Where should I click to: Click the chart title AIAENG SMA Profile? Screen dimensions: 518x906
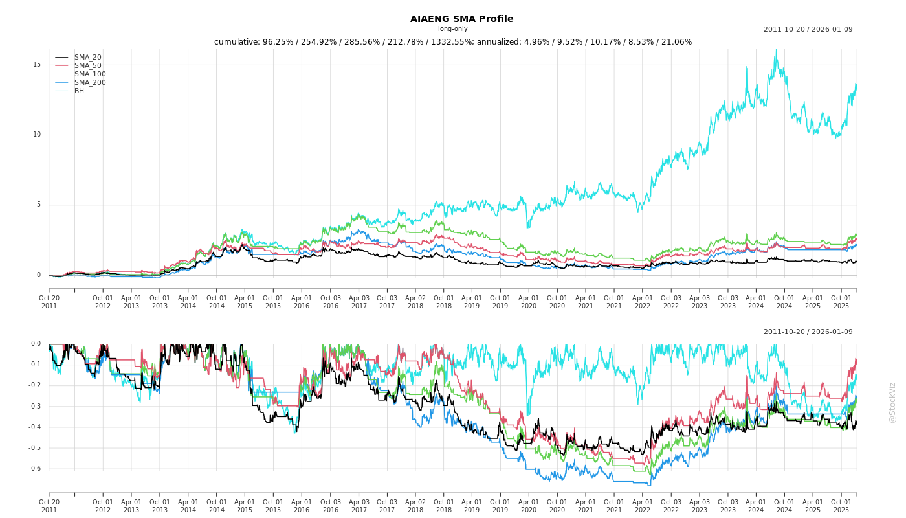tap(461, 19)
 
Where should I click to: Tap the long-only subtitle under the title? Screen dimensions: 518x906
tap(452, 28)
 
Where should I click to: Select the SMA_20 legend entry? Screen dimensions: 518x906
tap(87, 57)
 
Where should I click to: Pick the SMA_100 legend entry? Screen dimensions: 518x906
tap(89, 74)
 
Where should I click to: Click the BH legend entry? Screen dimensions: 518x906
tap(79, 91)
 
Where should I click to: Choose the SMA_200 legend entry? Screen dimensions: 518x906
tap(89, 82)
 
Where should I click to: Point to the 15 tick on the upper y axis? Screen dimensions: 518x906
tap(37, 65)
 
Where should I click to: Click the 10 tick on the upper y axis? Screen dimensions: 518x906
tap(37, 135)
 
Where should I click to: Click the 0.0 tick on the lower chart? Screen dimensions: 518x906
tap(36, 344)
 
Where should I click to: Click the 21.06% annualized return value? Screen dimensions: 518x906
tap(677, 42)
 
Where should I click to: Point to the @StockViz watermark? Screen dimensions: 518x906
tap(892, 402)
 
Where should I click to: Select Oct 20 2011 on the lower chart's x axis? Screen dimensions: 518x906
tap(49, 506)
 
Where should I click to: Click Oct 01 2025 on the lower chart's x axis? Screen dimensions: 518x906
tap(841, 506)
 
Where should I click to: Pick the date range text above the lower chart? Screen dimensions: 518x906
tap(808, 332)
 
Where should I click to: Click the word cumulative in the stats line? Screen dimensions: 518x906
tap(236, 42)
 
